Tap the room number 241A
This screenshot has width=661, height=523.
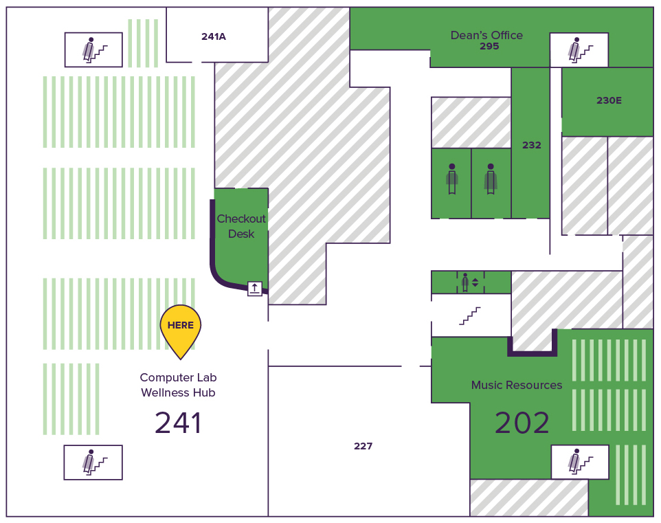(x=214, y=36)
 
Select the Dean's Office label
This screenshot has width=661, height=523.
(x=486, y=35)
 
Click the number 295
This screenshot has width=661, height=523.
(x=489, y=47)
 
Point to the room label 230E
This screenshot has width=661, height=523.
(x=609, y=100)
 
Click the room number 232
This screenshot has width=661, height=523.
(x=531, y=145)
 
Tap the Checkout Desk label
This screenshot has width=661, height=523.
(x=241, y=226)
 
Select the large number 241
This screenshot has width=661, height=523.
(x=179, y=423)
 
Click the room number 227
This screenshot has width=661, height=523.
(x=363, y=446)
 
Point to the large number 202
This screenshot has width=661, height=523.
(x=522, y=423)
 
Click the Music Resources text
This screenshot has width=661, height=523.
(x=517, y=385)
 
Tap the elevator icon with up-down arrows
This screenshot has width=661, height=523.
(x=471, y=282)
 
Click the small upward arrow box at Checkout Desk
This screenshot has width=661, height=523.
(x=255, y=289)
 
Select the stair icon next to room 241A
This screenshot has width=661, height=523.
(x=93, y=49)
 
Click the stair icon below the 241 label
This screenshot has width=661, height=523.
(x=93, y=462)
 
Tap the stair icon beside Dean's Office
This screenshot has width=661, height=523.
(x=579, y=49)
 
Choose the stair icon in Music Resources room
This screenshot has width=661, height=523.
(x=580, y=462)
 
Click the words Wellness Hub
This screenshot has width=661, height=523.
(x=178, y=392)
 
